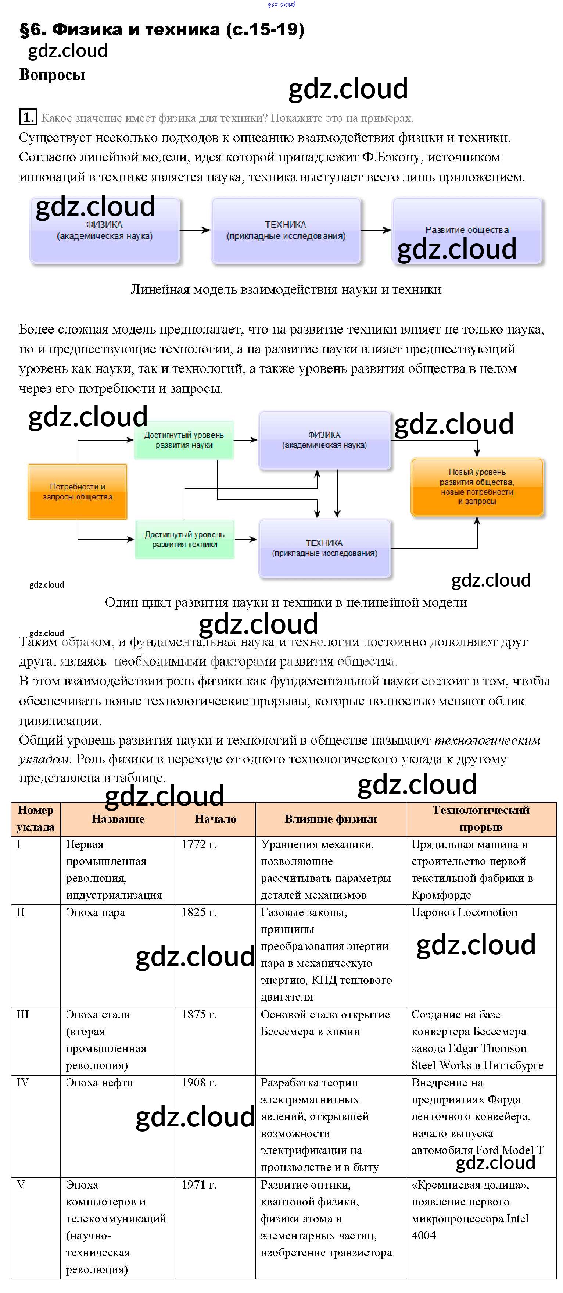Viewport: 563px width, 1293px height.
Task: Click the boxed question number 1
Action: [x=28, y=117]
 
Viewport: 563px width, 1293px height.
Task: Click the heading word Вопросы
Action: [x=52, y=75]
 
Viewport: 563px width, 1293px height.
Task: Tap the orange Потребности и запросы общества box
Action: [x=77, y=491]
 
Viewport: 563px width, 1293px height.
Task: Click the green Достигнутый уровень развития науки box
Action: [x=184, y=440]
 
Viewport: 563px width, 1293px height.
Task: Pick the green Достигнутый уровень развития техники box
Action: [x=184, y=539]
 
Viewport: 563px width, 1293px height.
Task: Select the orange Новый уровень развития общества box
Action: [x=477, y=487]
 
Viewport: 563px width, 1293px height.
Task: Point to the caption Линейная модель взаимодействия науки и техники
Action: [x=286, y=290]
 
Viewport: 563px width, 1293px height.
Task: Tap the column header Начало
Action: [x=215, y=819]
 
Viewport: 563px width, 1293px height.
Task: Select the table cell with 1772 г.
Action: [x=199, y=844]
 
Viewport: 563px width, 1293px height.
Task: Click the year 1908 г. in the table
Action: [x=199, y=1083]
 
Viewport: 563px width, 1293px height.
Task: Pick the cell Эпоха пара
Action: [x=95, y=912]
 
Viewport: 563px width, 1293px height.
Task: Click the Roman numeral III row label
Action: [x=22, y=1014]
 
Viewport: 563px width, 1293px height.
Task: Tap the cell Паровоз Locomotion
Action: [x=464, y=912]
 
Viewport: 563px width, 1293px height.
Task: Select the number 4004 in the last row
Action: [x=423, y=1235]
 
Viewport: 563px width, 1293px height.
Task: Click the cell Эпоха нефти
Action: [x=99, y=1083]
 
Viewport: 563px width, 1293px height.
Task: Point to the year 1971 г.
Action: [x=199, y=1185]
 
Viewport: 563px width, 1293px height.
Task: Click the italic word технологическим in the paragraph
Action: [x=487, y=740]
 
